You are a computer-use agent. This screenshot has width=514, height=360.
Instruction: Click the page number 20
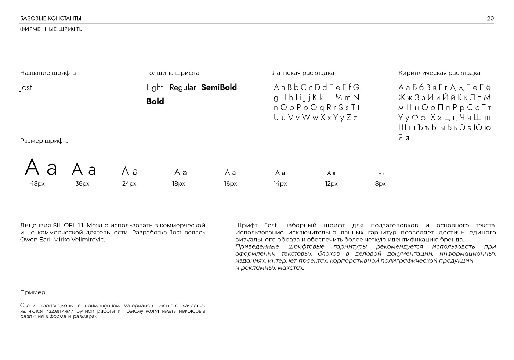tap(490, 18)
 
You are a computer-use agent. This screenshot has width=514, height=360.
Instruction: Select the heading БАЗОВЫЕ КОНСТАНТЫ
tap(51, 18)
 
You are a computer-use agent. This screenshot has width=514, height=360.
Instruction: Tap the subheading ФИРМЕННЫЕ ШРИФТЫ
tap(52, 29)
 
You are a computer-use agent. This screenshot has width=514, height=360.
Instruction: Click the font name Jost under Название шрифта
tap(26, 87)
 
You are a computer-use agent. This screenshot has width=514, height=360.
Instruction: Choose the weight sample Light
tap(154, 87)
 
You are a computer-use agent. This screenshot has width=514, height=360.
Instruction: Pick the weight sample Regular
tap(182, 87)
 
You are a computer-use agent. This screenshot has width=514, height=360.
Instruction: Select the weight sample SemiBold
tap(219, 87)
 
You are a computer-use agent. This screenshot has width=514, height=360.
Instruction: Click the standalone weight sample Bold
tap(155, 101)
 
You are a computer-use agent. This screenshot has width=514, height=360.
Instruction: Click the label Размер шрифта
tap(44, 141)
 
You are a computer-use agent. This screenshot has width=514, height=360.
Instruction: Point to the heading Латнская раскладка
tap(303, 73)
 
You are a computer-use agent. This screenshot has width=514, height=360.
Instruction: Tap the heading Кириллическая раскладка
tap(439, 73)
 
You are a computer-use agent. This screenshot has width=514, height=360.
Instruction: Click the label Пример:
tap(33, 292)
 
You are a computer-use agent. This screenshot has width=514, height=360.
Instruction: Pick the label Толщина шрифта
tap(173, 73)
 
